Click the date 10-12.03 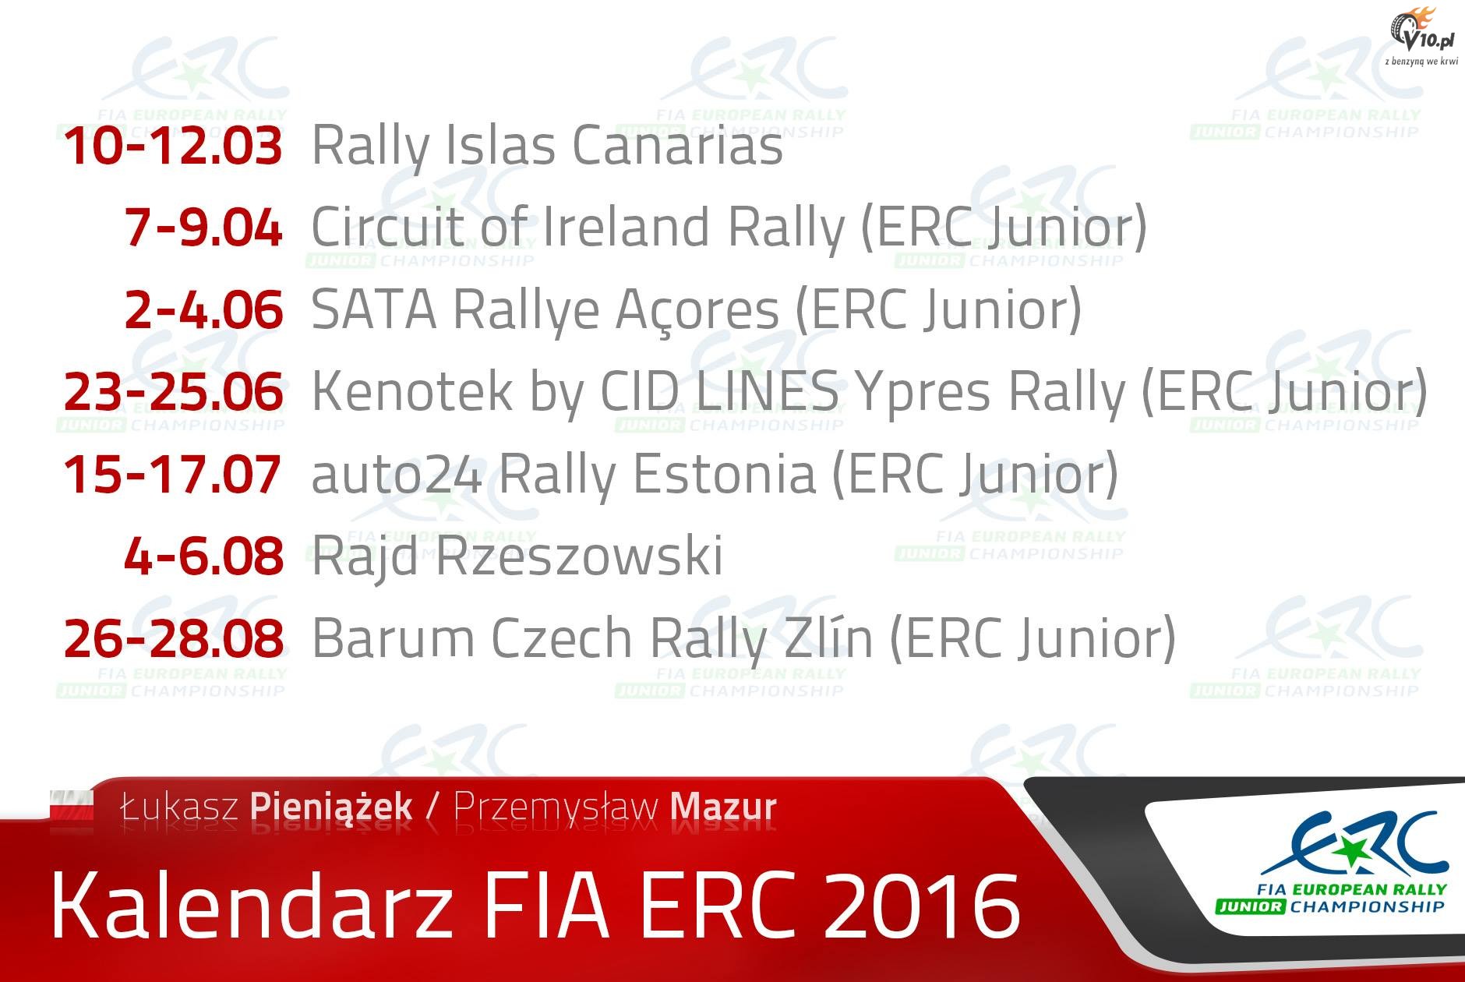173,146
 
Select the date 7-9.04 203,228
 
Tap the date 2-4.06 203,309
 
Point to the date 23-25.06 173,391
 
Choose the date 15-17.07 172,474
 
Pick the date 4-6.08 203,556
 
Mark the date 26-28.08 173,638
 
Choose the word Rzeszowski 576,556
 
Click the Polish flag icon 72,807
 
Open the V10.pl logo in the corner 1417,35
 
